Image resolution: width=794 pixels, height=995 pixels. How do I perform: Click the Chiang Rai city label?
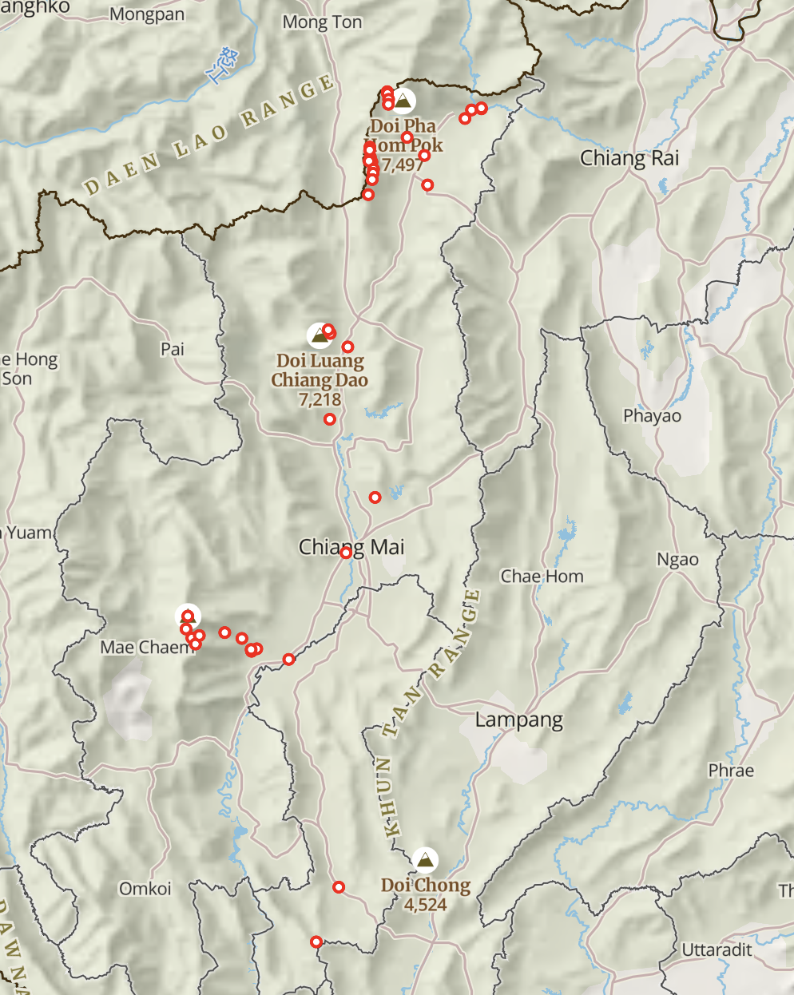click(x=629, y=158)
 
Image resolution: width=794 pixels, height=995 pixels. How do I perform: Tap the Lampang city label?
click(x=518, y=720)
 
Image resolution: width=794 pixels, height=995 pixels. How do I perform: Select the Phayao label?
click(x=652, y=416)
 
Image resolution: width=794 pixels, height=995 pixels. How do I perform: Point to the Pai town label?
click(x=173, y=349)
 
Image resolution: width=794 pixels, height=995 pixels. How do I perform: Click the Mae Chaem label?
click(x=147, y=648)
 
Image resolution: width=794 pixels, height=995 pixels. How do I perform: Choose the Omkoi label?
click(x=145, y=889)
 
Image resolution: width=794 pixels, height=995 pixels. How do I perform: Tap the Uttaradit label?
click(x=717, y=949)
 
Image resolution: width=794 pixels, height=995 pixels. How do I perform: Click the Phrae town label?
click(x=730, y=771)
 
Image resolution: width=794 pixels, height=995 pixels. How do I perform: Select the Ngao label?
click(x=677, y=560)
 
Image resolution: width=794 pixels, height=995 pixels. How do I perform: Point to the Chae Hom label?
click(x=542, y=577)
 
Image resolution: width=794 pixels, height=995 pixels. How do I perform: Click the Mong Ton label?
click(x=322, y=22)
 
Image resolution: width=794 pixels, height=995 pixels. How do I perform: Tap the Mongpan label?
click(x=147, y=14)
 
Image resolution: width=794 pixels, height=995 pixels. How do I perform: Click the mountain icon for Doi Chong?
click(x=427, y=859)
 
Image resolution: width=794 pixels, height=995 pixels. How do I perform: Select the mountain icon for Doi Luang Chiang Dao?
click(x=320, y=335)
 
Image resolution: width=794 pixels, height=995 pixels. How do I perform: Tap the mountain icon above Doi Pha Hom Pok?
click(x=404, y=101)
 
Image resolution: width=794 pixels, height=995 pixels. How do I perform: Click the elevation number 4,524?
click(x=425, y=905)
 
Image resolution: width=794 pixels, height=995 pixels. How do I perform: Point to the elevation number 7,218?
click(x=320, y=399)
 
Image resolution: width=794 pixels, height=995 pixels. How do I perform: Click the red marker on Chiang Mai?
click(x=346, y=553)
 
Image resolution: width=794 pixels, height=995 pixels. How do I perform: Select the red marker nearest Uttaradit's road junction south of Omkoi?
click(x=316, y=941)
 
